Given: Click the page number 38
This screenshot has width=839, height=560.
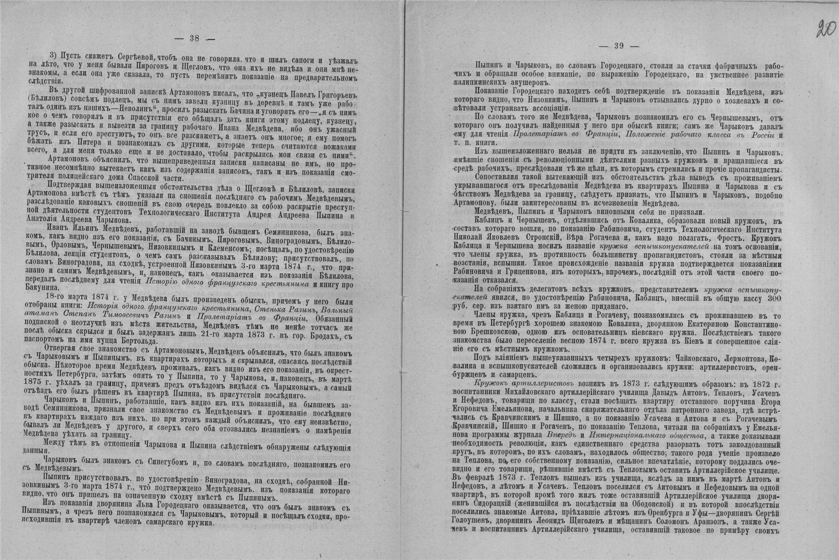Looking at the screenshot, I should [x=194, y=39].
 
